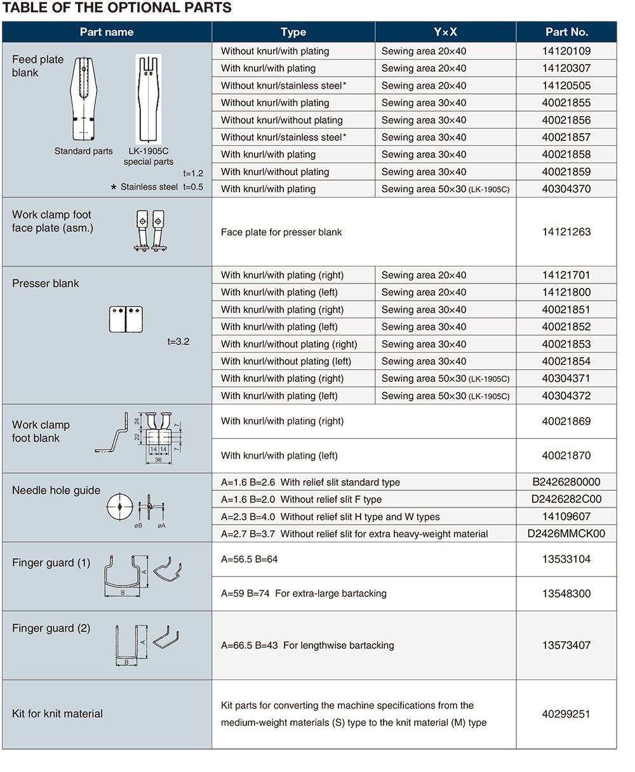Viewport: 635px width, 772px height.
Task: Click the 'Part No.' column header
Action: coord(566,32)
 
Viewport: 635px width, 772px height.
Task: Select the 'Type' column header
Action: coord(293,32)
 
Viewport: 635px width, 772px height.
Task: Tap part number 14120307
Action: coord(566,69)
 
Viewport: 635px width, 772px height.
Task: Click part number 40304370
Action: coord(566,189)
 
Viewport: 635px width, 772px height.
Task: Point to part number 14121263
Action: coord(566,232)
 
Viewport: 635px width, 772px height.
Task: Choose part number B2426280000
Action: coord(566,482)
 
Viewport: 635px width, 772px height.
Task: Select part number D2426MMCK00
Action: coord(566,533)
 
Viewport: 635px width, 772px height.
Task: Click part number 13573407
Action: coord(566,646)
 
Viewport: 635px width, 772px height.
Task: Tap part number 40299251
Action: coord(566,714)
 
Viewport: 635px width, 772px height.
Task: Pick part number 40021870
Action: coord(566,455)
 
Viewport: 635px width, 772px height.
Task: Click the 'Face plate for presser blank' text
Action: coord(281,232)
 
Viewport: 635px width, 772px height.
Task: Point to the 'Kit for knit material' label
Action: coord(57,714)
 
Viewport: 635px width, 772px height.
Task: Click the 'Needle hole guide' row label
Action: coord(56,490)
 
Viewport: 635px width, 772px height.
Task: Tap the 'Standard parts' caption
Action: coord(83,151)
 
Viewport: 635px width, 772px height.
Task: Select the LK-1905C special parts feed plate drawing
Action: coord(149,98)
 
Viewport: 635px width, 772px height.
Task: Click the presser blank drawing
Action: coord(126,319)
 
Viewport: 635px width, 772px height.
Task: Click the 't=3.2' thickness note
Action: coord(178,342)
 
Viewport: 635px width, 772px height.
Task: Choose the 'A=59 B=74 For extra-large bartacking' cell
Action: coord(304,594)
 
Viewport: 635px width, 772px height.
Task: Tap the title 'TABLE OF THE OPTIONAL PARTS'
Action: coord(117,8)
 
